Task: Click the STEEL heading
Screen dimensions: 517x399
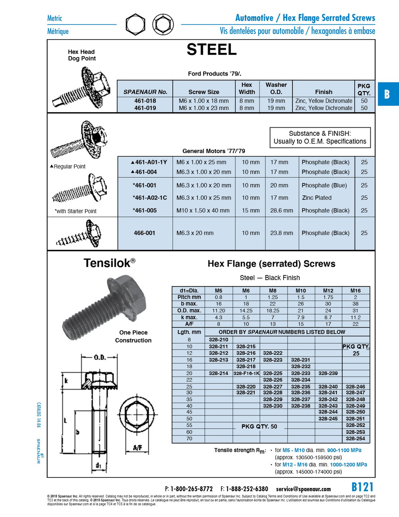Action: [x=211, y=50]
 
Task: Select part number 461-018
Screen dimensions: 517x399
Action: [x=145, y=101]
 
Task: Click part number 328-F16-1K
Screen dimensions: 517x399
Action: [x=246, y=373]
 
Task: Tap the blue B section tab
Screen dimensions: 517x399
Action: [x=387, y=94]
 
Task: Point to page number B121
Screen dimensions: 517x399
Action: [x=362, y=487]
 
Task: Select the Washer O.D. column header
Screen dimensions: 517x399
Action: [x=276, y=88]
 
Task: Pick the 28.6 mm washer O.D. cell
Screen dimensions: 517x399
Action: [x=282, y=210]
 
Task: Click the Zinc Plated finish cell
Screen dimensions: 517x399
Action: [x=317, y=198]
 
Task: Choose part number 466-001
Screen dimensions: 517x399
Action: [x=144, y=233]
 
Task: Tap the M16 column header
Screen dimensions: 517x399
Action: [x=355, y=290]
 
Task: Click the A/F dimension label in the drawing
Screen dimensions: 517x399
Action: [x=138, y=448]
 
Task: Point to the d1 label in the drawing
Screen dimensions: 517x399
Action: [x=98, y=466]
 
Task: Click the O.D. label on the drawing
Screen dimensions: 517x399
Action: [x=100, y=357]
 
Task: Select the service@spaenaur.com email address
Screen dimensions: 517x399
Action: [x=303, y=489]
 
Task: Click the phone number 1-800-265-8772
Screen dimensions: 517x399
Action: [x=191, y=489]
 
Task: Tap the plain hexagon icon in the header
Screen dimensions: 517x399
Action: [x=135, y=25]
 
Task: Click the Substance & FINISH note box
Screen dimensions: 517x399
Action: [x=320, y=137]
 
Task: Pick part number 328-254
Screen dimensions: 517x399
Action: [x=355, y=439]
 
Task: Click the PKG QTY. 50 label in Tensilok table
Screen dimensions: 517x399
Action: [x=259, y=427]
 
